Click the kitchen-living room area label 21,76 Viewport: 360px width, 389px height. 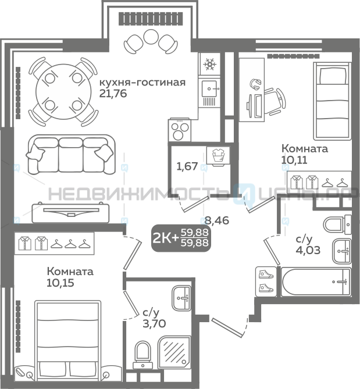tap(113, 94)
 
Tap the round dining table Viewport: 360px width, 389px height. tap(63, 91)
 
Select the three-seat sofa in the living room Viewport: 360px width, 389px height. tap(71, 154)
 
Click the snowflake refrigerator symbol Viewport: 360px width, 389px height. tap(209, 65)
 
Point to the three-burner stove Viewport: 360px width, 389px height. tap(180, 130)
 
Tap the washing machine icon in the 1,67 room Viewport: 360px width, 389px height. tap(218, 156)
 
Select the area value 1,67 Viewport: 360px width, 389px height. tap(187, 166)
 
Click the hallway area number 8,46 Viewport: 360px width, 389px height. tap(216, 220)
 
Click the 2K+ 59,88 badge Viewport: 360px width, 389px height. tap(181, 238)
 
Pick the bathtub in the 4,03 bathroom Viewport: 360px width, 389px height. tap(316, 282)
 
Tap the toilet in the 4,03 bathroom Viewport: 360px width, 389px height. tap(337, 225)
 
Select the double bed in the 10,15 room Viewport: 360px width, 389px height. tap(67, 344)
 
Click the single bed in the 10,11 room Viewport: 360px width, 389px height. tap(332, 101)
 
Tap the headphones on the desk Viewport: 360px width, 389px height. tap(255, 84)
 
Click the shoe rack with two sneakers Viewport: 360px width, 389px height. tap(266, 281)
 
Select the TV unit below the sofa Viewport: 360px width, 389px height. tap(70, 213)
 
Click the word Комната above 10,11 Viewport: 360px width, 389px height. tap(305, 149)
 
